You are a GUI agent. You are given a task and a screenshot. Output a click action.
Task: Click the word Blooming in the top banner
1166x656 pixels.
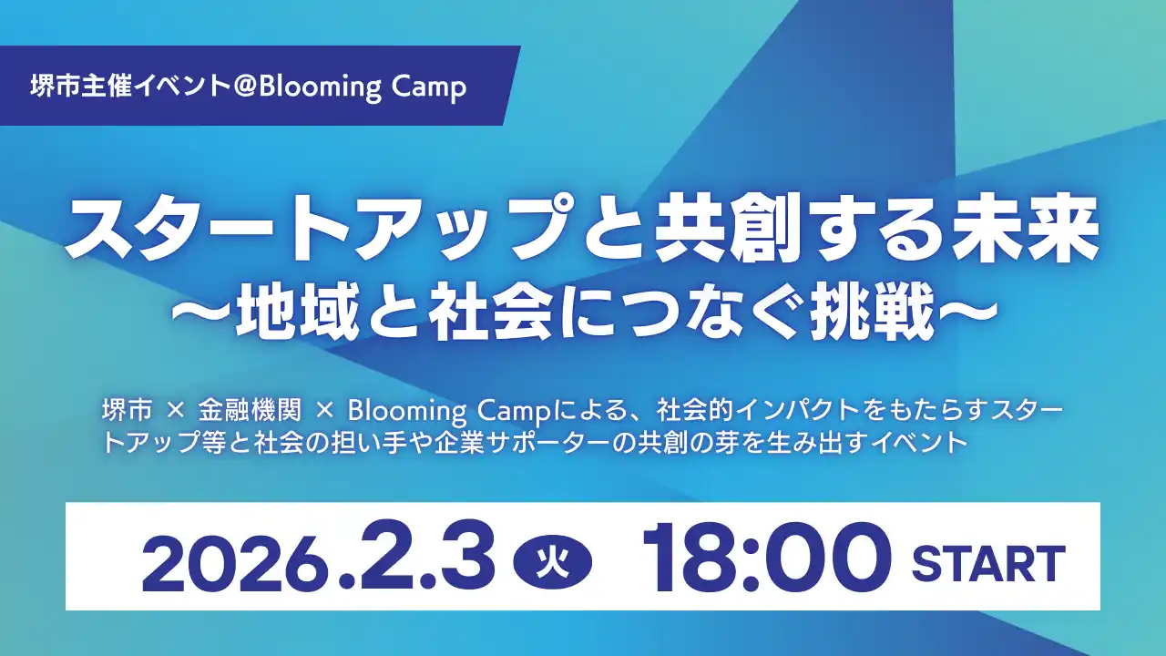coord(310,87)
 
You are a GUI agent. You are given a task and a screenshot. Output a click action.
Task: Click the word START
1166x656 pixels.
coord(988,562)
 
